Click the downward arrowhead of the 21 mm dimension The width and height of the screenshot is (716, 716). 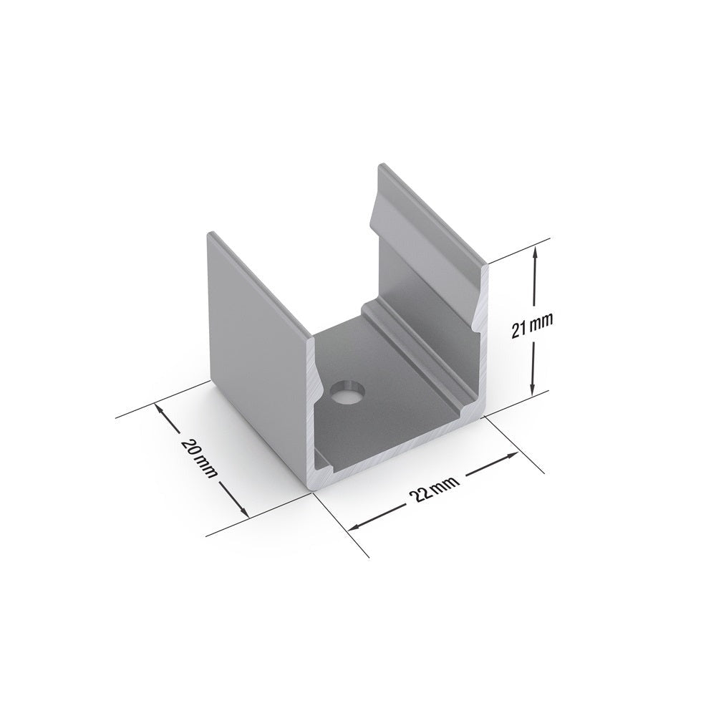532,390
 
